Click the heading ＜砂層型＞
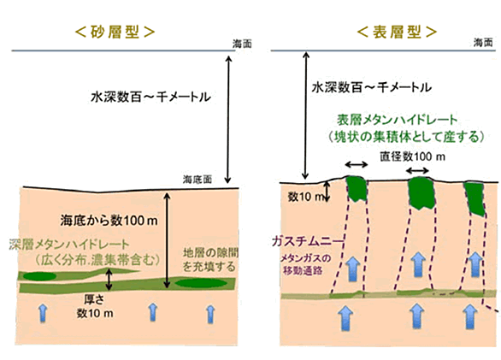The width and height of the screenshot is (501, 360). tap(115, 32)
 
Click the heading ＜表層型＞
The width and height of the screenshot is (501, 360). tap(397, 32)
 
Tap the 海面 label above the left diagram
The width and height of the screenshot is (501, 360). tap(242, 44)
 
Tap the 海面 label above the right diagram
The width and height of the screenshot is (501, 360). tap(483, 42)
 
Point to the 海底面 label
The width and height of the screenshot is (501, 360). tap(197, 180)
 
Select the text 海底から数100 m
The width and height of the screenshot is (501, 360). tap(109, 221)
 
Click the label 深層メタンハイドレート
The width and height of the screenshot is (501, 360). tap(69, 245)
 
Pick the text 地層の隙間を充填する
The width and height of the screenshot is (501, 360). tap(210, 260)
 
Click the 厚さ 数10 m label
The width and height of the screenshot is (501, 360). tap(95, 307)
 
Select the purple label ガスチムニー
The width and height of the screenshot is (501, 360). tap(308, 241)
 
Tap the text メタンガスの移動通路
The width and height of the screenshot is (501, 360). tap(303, 264)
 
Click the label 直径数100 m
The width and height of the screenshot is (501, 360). tap(412, 156)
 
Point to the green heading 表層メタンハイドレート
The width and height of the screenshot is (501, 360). tap(398, 120)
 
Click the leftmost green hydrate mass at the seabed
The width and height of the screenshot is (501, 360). tap(357, 189)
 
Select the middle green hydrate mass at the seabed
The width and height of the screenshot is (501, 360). tap(421, 192)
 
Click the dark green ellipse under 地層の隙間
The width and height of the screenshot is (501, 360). tap(201, 283)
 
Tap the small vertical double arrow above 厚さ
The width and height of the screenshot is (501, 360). tap(109, 280)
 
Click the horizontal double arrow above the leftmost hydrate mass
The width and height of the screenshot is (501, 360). tap(357, 165)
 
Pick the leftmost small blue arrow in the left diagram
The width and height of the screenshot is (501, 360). tap(43, 313)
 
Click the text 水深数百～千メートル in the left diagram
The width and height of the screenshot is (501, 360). tap(150, 97)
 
